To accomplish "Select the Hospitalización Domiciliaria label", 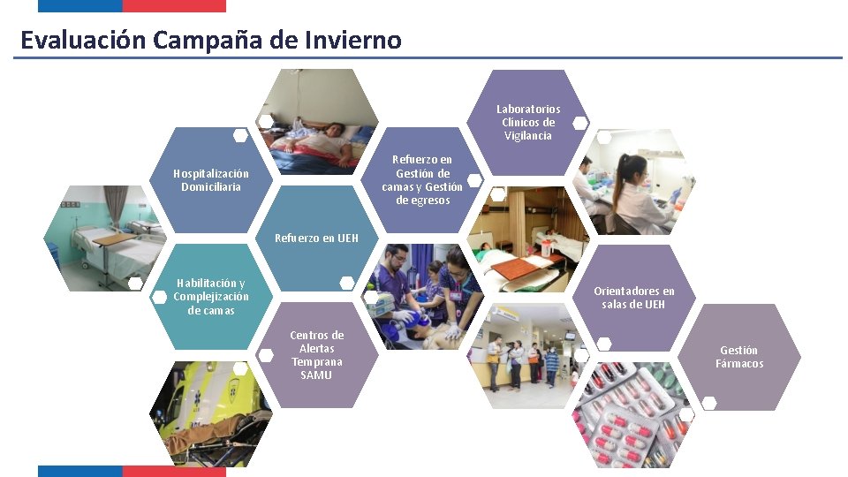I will click(211, 180).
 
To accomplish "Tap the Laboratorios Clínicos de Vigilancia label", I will click(528, 123).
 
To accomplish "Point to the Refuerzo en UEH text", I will click(316, 238).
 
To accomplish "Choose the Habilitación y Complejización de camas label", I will click(211, 297).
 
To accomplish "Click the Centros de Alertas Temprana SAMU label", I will click(316, 355).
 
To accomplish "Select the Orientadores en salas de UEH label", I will click(633, 298).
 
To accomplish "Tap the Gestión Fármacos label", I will click(738, 357).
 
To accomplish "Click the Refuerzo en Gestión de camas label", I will click(422, 180).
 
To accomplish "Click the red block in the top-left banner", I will click(174, 5).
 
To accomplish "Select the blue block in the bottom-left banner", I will click(79, 472).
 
